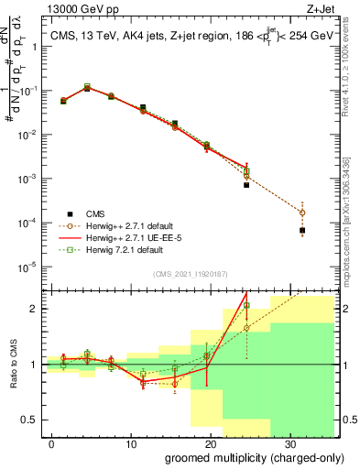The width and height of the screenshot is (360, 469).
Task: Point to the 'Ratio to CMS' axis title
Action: [x=13, y=365]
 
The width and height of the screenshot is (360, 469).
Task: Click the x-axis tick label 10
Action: [x=134, y=442]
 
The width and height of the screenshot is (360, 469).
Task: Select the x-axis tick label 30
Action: [x=288, y=442]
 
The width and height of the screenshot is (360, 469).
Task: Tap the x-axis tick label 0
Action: [x=56, y=442]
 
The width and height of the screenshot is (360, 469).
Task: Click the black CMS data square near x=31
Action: [x=302, y=231]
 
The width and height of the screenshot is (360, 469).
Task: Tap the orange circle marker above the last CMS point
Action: [x=302, y=213]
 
